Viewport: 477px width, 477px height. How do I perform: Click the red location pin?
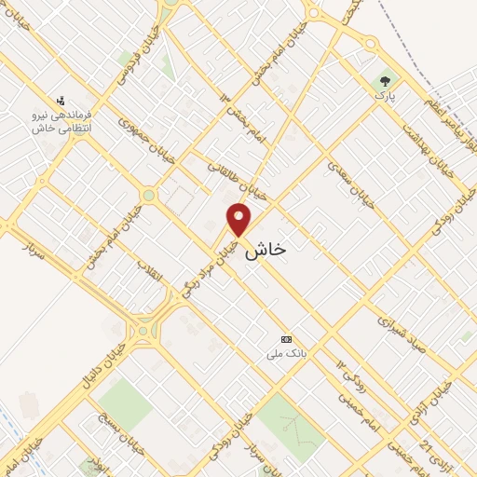[x=239, y=219]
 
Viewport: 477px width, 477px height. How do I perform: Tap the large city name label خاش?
[x=265, y=251]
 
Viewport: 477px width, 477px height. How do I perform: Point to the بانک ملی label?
[x=287, y=354]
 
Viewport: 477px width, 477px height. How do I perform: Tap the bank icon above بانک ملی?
[x=287, y=340]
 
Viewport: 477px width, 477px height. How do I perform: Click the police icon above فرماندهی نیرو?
[x=61, y=100]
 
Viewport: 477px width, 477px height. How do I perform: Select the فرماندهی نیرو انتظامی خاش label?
[x=56, y=121]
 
